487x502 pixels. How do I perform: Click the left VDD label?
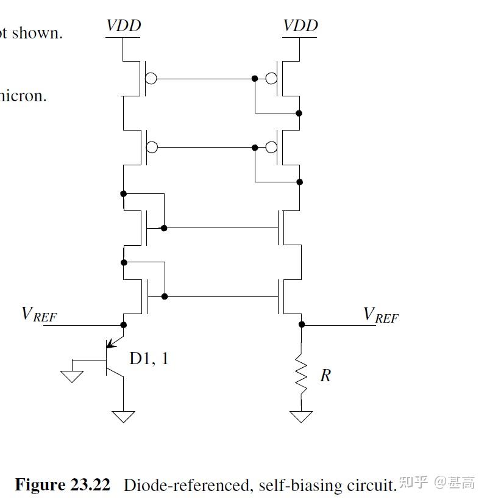coord(124,26)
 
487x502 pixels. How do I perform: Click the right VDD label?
coord(300,26)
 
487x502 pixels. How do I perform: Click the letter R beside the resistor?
coord(325,376)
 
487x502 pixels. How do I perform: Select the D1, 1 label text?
coord(149,358)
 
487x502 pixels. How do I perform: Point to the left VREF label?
coord(40,314)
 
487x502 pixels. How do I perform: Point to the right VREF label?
coord(380,315)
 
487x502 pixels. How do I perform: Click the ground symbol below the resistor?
coord(301,417)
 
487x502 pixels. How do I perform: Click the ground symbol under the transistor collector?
coord(124,417)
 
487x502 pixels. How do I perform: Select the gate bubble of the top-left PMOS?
coord(151,79)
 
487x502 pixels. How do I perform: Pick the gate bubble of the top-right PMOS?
coord(272,79)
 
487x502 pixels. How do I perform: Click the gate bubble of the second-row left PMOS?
coord(151,148)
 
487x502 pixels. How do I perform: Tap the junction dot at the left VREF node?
coord(124,325)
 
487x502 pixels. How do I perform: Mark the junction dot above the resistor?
coord(301,325)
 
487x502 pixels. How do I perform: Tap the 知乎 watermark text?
coord(413,484)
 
